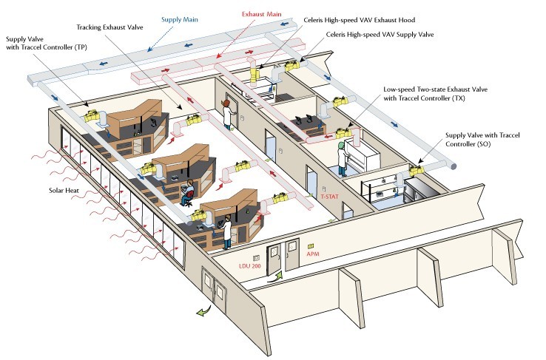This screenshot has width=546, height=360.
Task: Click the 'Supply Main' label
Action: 181,13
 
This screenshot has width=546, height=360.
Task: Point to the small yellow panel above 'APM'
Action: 311,245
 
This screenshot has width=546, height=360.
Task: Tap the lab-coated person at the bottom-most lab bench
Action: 228,229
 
